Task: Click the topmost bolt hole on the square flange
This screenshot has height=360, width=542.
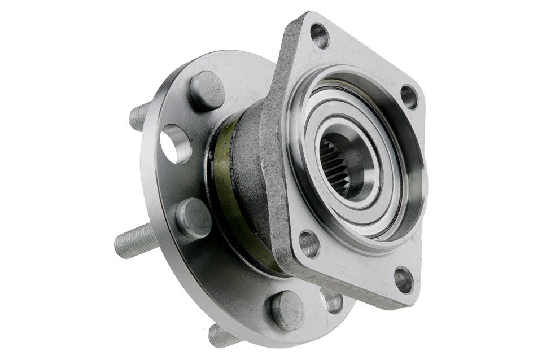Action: [x=320, y=36]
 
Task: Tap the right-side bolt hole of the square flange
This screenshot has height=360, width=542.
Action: [x=409, y=97]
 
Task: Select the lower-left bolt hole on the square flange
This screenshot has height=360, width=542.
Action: [x=309, y=243]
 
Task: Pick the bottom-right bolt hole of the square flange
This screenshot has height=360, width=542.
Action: [x=403, y=280]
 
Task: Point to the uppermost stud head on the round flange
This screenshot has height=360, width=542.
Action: [x=207, y=90]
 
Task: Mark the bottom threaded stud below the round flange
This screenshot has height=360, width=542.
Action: [x=224, y=336]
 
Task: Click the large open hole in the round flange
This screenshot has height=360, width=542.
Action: [x=175, y=144]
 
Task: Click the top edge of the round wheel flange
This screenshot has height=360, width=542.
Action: [x=226, y=56]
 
